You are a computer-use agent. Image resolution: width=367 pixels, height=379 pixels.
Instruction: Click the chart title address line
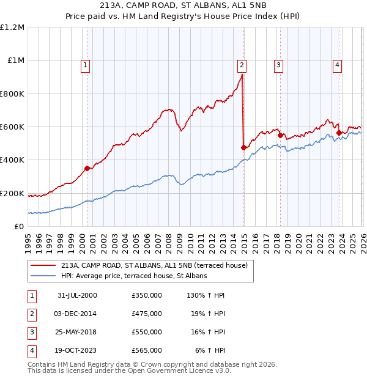(183, 7)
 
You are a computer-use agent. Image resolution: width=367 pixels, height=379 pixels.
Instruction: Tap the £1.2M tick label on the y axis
(12, 28)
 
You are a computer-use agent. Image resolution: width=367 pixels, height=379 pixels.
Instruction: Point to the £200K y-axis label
(12, 193)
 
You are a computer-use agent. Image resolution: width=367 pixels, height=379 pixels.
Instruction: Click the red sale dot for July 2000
(87, 168)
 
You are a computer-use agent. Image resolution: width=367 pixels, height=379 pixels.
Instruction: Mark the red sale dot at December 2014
(243, 147)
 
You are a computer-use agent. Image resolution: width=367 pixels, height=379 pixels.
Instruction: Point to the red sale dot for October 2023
(339, 132)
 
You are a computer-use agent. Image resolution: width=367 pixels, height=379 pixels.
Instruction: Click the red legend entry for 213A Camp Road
(153, 265)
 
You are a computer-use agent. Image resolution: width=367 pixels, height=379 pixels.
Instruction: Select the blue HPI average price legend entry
(133, 276)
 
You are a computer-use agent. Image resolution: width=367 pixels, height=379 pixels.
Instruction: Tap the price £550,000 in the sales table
(147, 332)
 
